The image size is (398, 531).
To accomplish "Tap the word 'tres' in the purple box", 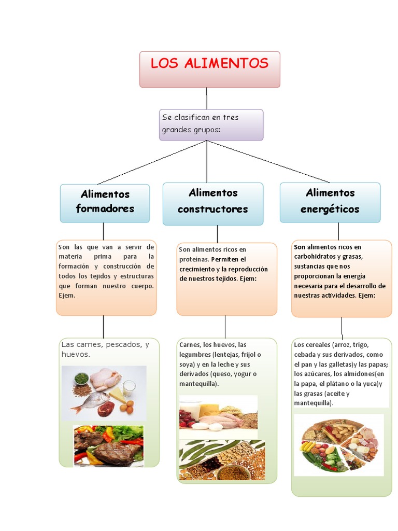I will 231,118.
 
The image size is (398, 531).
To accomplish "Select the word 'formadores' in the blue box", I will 105,208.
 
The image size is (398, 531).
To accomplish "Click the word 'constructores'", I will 212,209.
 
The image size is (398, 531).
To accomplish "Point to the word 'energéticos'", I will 330,209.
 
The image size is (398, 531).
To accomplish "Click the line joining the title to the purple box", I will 206,99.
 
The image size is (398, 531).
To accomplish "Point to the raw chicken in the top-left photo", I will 106,379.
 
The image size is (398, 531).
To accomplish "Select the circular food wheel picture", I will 339,444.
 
